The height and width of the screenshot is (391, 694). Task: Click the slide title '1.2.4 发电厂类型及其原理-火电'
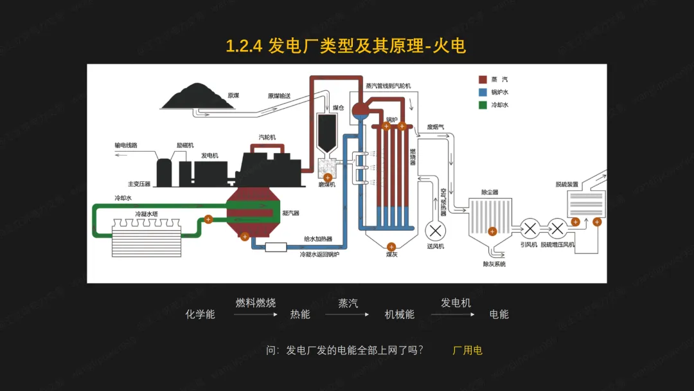(x=346, y=46)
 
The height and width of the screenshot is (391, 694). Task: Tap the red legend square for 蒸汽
(x=482, y=80)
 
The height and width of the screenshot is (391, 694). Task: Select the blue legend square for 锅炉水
(x=482, y=92)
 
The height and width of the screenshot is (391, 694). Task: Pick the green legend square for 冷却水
(x=482, y=105)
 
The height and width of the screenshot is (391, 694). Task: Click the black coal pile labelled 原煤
(x=191, y=97)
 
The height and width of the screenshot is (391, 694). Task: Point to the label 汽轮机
(x=267, y=137)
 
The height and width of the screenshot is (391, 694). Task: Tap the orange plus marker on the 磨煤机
(x=328, y=177)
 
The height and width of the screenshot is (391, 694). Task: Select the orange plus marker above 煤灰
(x=391, y=246)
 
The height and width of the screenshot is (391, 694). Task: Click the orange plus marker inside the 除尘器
(x=492, y=232)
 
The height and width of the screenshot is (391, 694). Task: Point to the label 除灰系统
(x=494, y=264)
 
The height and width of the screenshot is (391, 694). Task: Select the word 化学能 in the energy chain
(x=200, y=314)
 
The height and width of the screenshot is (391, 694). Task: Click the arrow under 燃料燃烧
(x=256, y=314)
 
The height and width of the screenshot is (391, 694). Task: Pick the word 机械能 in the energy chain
(x=399, y=314)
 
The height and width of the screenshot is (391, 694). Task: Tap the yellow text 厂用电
(x=467, y=350)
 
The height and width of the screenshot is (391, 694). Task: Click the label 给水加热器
(x=318, y=239)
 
